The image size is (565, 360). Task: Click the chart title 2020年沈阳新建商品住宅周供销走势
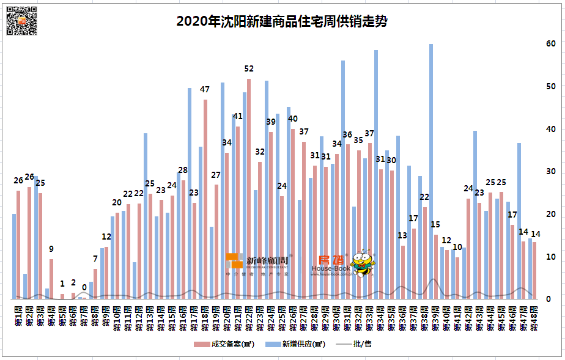pos(282,21)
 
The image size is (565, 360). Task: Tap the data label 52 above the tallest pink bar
pos(249,68)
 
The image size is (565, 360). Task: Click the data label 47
pos(205,89)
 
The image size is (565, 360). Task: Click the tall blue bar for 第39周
pos(431,171)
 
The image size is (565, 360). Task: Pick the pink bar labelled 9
pos(51,279)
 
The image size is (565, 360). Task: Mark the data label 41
pos(238,116)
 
